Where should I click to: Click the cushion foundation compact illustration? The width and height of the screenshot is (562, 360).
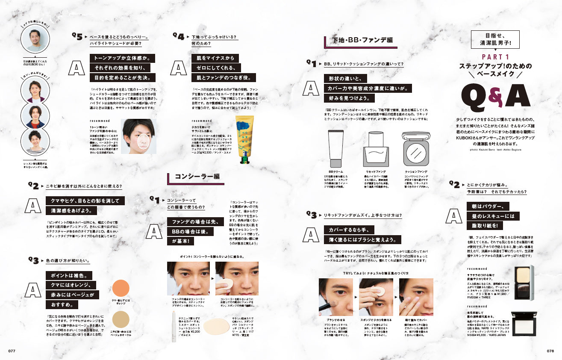416,148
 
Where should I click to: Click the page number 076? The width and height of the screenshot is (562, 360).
550,351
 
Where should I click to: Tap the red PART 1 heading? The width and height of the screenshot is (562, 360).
495,57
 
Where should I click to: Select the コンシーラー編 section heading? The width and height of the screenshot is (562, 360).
197,177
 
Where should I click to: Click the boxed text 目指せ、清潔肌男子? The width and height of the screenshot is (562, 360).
495,40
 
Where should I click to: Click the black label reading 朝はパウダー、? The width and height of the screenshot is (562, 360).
487,206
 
